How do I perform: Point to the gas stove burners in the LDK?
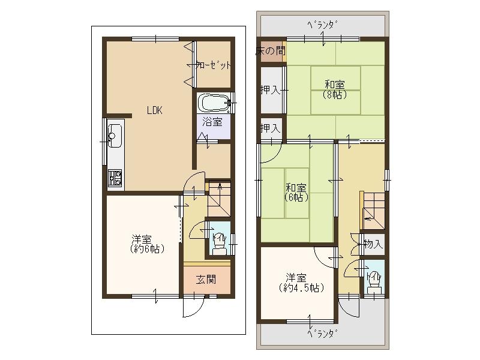(115, 177)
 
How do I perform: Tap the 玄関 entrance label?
(205, 279)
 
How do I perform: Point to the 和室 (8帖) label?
(335, 89)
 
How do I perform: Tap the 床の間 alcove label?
(271, 51)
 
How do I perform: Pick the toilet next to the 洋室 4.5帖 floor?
(375, 278)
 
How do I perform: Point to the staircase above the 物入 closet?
(372, 210)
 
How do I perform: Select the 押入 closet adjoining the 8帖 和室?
(271, 91)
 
